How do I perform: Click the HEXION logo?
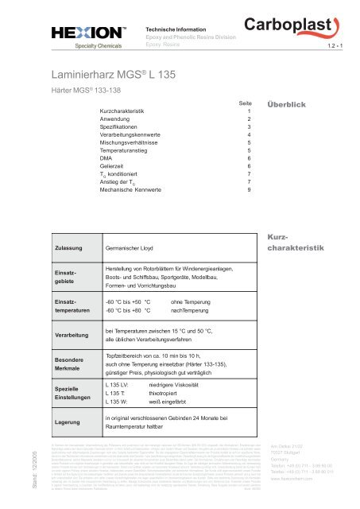coord(84,33)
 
